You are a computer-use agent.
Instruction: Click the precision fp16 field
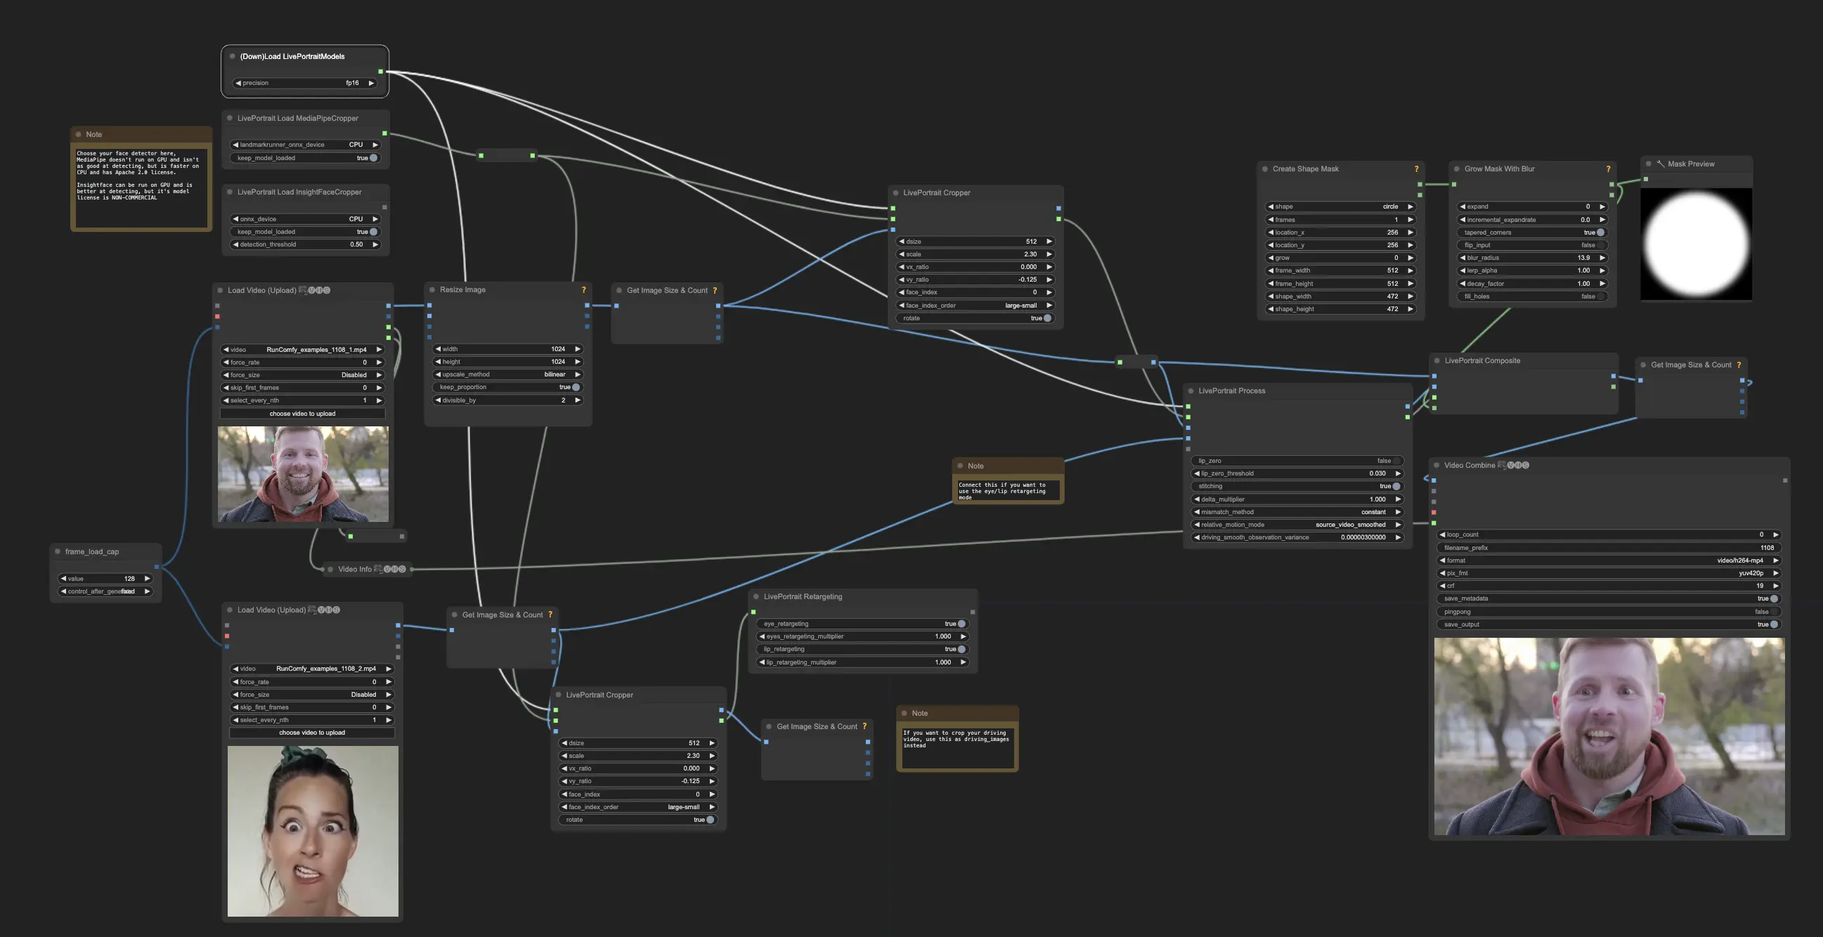pyautogui.click(x=304, y=83)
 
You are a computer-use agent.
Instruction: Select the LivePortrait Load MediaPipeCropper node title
pyautogui.click(x=297, y=118)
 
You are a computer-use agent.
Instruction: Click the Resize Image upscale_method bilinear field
pyautogui.click(x=507, y=375)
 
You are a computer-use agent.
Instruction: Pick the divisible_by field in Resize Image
pyautogui.click(x=507, y=400)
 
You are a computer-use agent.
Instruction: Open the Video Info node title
pyautogui.click(x=355, y=569)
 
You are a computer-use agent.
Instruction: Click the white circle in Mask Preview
pyautogui.click(x=1696, y=242)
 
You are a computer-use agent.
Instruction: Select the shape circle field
pyautogui.click(x=1339, y=207)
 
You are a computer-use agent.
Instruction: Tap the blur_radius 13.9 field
pyautogui.click(x=1531, y=258)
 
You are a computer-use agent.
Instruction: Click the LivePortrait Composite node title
pyautogui.click(x=1482, y=360)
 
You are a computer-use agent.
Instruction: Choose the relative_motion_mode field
pyautogui.click(x=1297, y=525)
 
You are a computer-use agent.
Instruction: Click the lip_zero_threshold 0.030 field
pyautogui.click(x=1297, y=474)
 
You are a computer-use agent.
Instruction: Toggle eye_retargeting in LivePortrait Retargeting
pyautogui.click(x=960, y=624)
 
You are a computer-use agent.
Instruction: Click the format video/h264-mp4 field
pyautogui.click(x=1608, y=561)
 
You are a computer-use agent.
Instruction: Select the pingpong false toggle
pyautogui.click(x=1608, y=612)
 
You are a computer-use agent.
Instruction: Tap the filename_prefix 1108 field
pyautogui.click(x=1608, y=548)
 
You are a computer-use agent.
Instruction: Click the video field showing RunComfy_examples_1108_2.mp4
pyautogui.click(x=311, y=669)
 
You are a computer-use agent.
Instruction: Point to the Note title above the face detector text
pyautogui.click(x=94, y=134)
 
